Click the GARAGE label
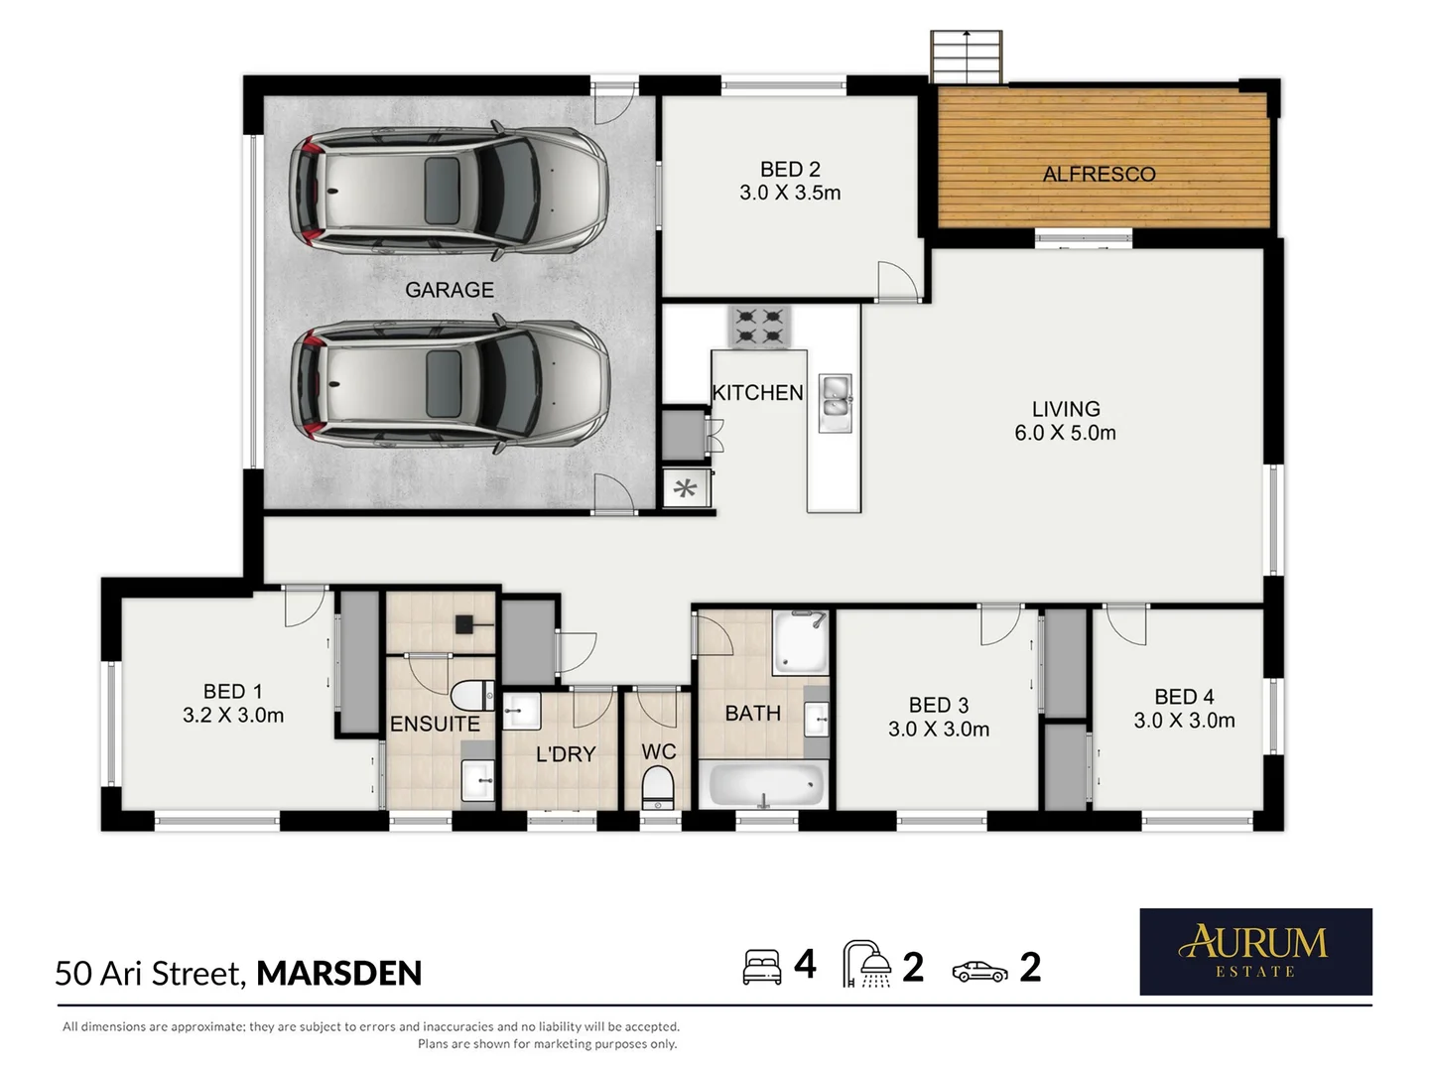(449, 290)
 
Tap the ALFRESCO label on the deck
(1099, 174)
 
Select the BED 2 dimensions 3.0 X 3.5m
(790, 193)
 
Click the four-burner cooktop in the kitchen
(759, 327)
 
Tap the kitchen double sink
(836, 403)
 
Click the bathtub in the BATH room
(765, 784)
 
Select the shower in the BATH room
(800, 642)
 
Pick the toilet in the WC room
(657, 786)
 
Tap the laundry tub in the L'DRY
(521, 711)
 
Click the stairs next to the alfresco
(966, 57)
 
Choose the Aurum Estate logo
(1255, 951)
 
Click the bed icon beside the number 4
(761, 967)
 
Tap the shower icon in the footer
(866, 964)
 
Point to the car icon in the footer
(979, 971)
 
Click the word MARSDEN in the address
(338, 973)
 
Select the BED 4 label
(1184, 697)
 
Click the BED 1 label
(232, 691)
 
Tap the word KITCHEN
(757, 393)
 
